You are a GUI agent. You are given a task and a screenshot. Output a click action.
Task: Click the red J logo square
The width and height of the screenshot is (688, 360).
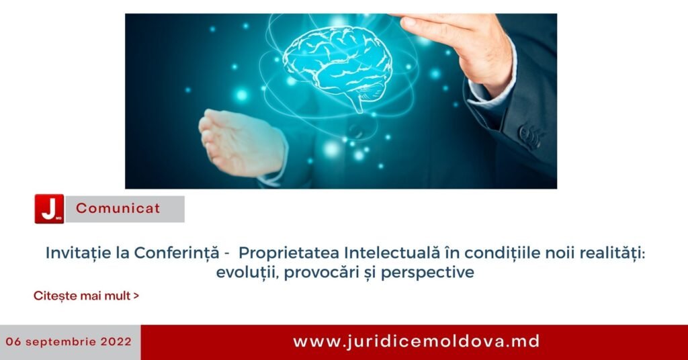[x=49, y=209]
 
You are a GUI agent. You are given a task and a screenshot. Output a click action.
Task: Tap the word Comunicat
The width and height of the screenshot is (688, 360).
[x=118, y=208]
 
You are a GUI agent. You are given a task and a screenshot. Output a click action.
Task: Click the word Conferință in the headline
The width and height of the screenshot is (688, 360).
[x=177, y=253]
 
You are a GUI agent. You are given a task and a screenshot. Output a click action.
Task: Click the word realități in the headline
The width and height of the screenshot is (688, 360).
[x=613, y=253]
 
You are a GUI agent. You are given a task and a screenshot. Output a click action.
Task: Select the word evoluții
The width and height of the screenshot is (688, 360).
[x=246, y=273]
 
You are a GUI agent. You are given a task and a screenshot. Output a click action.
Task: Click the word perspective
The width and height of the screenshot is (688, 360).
[x=427, y=273]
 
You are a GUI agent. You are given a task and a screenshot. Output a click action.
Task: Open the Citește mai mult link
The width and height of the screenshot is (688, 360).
[x=87, y=296]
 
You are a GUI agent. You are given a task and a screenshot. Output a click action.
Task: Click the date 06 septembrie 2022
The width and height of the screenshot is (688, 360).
[x=69, y=342]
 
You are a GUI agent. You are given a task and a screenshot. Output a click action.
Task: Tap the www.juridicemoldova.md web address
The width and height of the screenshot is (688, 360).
[x=417, y=342]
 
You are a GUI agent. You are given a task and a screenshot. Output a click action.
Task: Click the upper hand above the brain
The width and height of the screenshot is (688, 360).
[x=456, y=48]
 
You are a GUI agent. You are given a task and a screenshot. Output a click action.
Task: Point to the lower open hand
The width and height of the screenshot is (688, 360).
[x=241, y=142]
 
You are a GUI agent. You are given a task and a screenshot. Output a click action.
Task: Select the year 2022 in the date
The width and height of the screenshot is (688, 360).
[x=116, y=342]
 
